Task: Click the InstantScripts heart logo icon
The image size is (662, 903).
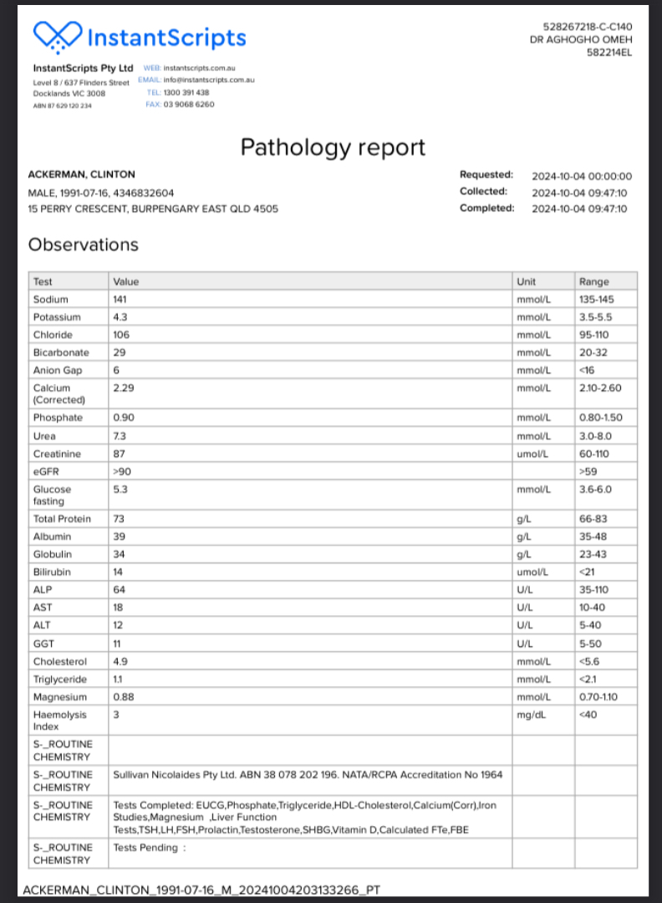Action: [57, 36]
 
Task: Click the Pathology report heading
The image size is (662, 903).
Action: [333, 147]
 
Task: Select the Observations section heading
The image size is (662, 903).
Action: [83, 244]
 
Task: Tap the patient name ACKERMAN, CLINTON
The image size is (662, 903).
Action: [81, 175]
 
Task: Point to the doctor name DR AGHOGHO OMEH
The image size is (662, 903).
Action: [581, 39]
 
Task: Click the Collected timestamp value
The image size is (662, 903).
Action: [579, 192]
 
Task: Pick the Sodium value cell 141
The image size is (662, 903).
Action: [119, 300]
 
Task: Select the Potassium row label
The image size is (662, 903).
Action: [57, 317]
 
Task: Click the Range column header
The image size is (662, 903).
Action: [593, 282]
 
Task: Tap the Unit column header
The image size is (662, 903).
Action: [527, 282]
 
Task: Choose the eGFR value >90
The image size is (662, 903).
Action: [121, 471]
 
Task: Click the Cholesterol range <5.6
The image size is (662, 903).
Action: [590, 661]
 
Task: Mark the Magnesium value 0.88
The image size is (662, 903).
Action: [122, 697]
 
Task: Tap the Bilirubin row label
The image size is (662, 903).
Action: [52, 572]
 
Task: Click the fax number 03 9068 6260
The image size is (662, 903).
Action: [191, 105]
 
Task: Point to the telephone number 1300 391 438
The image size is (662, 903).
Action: [190, 92]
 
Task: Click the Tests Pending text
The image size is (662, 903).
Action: [145, 847]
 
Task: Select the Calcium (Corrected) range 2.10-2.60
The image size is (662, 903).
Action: [600, 387]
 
